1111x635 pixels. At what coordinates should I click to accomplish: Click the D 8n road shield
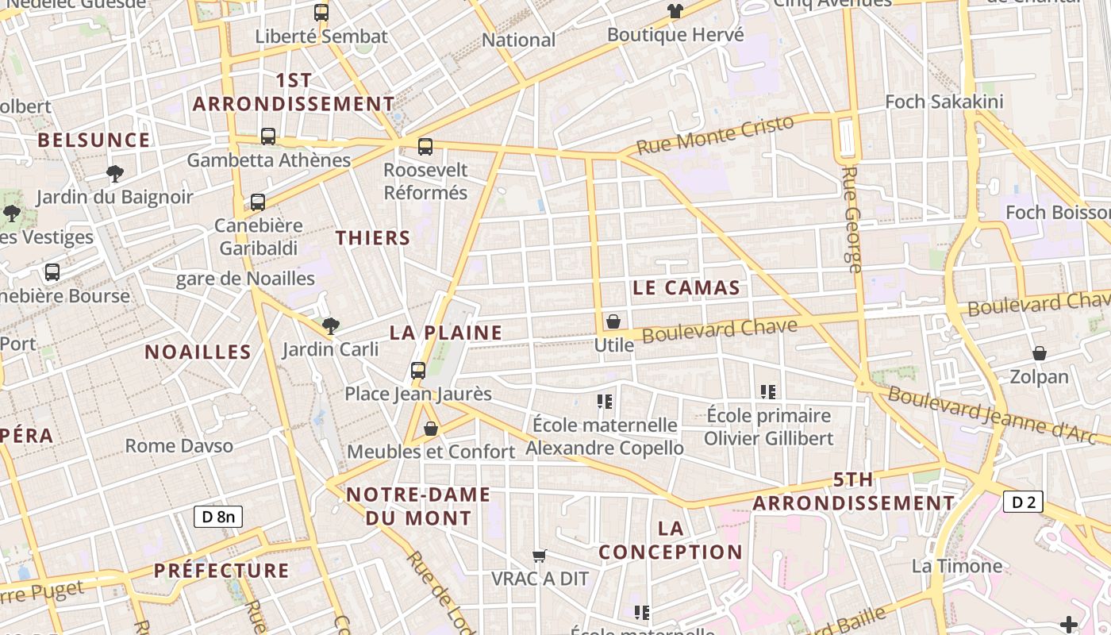point(218,517)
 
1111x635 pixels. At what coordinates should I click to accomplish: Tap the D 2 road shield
point(1023,501)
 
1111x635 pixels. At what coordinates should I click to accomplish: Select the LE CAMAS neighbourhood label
point(686,287)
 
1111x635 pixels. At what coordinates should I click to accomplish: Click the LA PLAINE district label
point(446,333)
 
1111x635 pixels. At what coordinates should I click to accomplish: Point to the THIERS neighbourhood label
point(373,237)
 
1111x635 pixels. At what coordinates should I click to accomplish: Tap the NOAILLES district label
point(198,352)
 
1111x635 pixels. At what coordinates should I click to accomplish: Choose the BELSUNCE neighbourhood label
point(94,140)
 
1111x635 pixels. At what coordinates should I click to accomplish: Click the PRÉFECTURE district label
point(221,570)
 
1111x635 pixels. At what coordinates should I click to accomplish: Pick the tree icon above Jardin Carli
point(331,325)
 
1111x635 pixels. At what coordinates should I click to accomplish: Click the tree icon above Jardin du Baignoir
point(115,173)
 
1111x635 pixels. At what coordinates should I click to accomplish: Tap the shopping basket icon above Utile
point(613,321)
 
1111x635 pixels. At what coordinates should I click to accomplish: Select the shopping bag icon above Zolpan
point(1039,353)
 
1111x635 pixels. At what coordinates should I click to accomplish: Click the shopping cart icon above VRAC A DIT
point(540,556)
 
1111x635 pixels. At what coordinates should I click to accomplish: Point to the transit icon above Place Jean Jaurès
point(418,370)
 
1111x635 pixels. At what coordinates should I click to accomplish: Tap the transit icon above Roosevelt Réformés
point(425,146)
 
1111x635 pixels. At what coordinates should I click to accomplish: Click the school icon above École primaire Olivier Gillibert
point(767,391)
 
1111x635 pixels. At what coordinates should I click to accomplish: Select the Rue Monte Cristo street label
point(715,135)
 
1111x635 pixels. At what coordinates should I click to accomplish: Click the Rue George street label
point(852,219)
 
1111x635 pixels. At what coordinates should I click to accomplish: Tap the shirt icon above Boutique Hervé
point(675,11)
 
